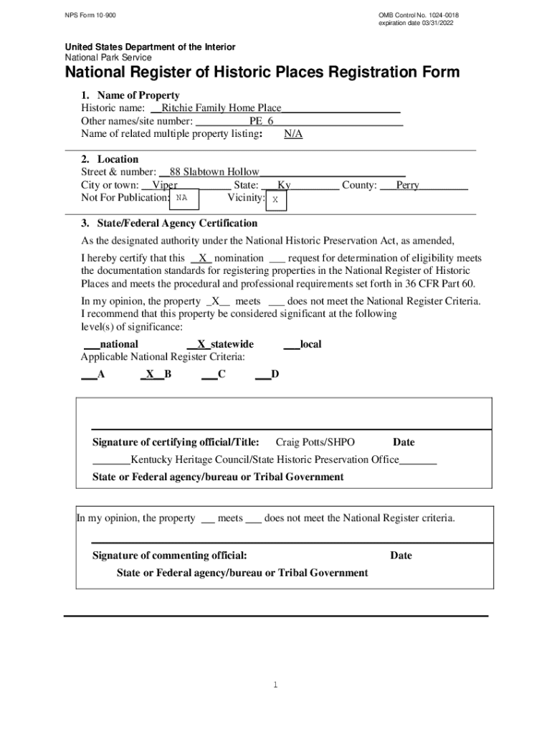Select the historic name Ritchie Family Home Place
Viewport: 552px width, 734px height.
click(222, 108)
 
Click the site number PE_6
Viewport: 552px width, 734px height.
click(261, 121)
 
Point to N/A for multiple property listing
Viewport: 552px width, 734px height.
click(293, 134)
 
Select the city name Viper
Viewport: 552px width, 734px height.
click(166, 185)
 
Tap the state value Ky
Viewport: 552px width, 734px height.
click(284, 185)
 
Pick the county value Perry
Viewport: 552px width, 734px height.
click(407, 185)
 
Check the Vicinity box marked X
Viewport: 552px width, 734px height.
click(275, 201)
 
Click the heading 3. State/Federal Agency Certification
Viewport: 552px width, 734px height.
click(169, 223)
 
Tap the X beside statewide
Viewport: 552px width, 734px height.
click(201, 344)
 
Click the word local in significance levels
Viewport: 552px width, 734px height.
click(310, 344)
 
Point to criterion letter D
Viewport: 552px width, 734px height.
click(275, 374)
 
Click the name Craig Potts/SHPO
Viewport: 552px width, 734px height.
click(315, 442)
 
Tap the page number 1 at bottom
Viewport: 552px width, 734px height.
click(275, 685)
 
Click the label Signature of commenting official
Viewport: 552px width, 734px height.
click(170, 556)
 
